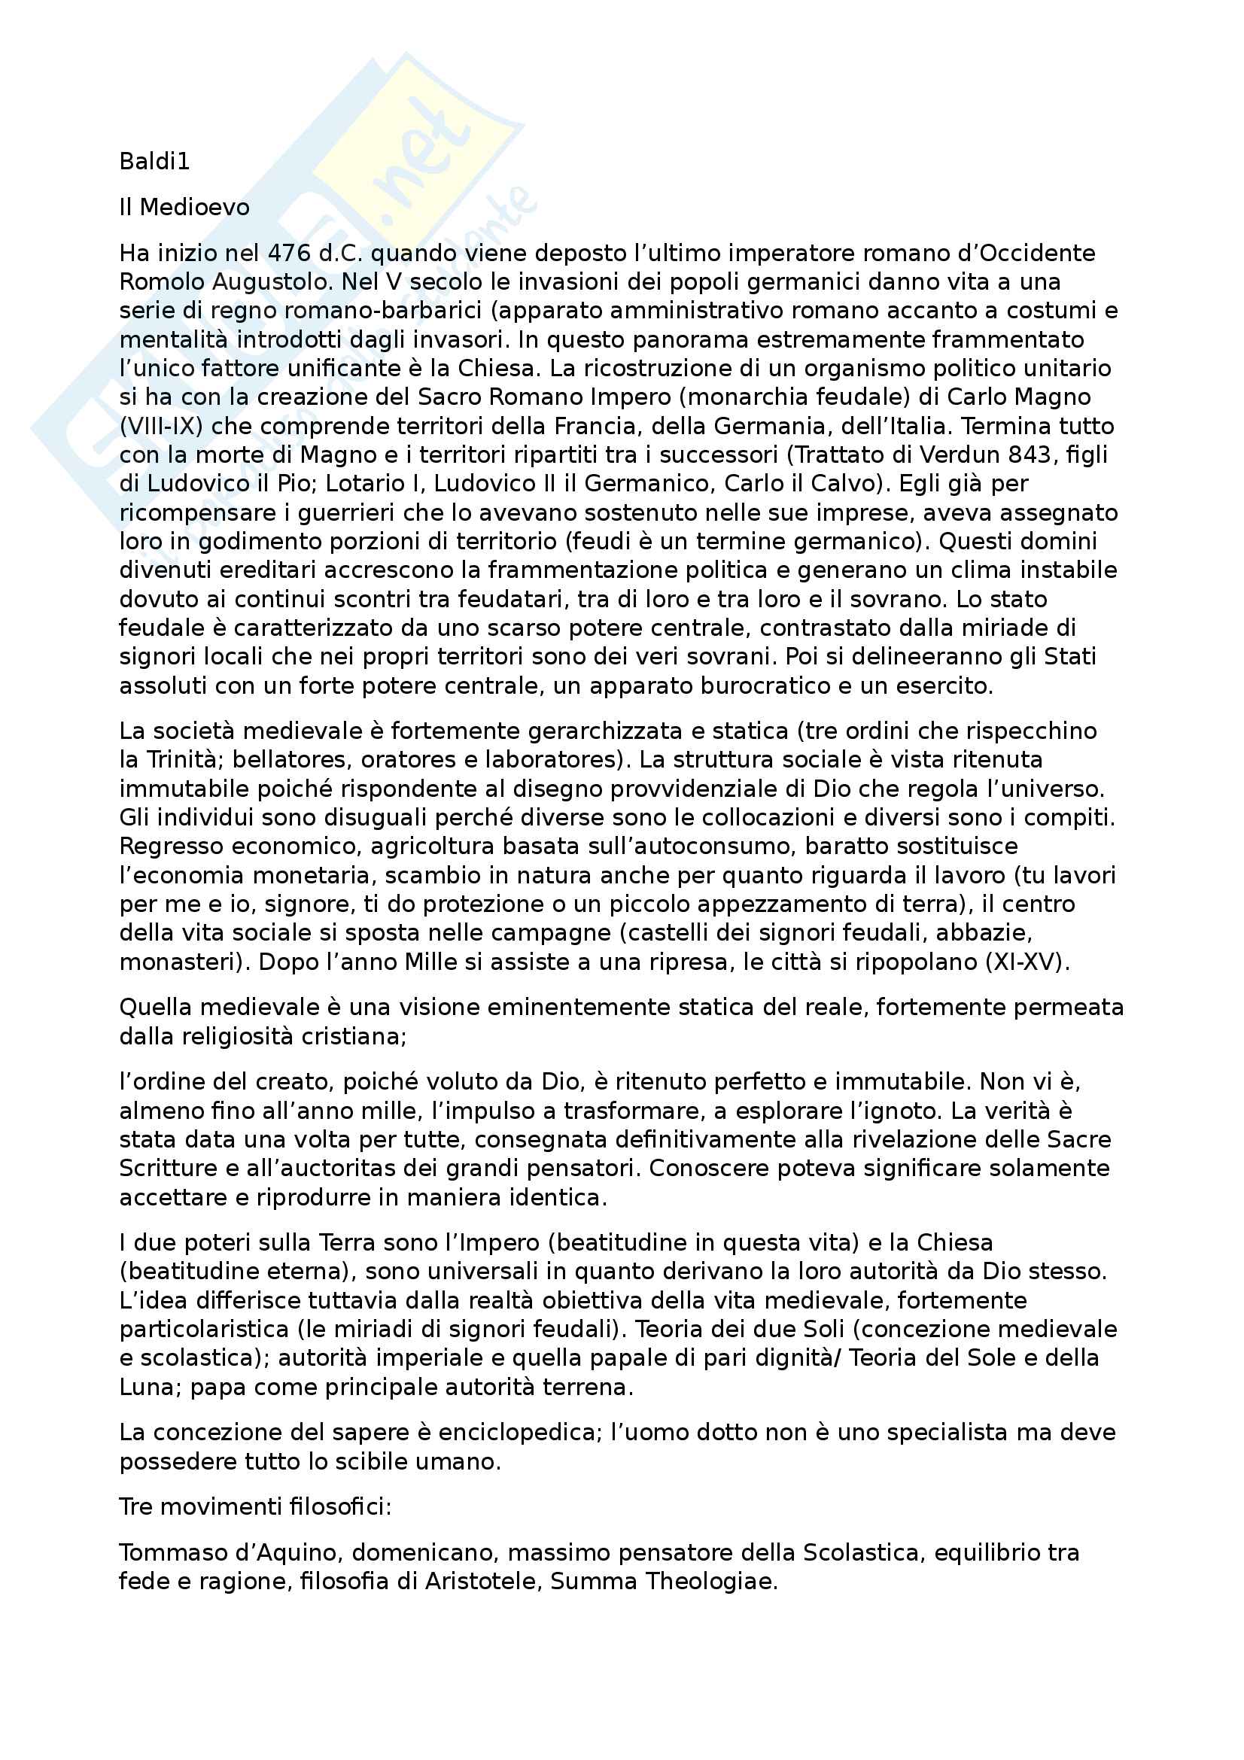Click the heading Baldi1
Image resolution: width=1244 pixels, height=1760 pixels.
click(154, 162)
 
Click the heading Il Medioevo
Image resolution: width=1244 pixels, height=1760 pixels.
click(184, 207)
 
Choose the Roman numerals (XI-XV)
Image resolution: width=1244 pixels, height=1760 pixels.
click(1027, 962)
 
